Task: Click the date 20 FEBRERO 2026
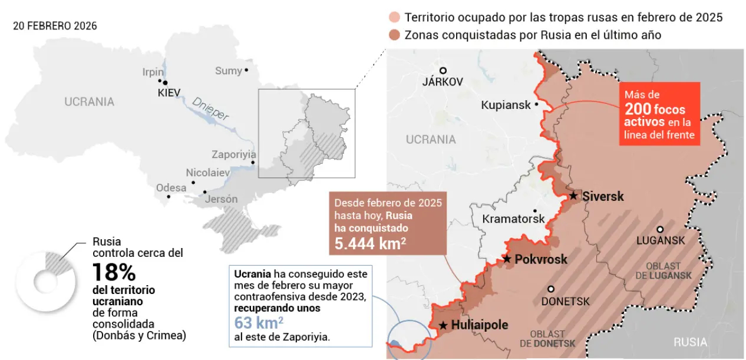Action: click(55, 27)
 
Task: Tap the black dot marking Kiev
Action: click(166, 83)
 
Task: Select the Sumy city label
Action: click(228, 71)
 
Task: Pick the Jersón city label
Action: click(221, 199)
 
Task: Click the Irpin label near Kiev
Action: click(153, 72)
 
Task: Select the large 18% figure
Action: click(114, 273)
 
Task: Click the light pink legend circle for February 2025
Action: click(394, 18)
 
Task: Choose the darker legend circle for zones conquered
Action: click(394, 35)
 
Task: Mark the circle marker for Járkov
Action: click(443, 70)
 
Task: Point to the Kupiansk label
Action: click(506, 105)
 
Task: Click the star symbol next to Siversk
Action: click(573, 196)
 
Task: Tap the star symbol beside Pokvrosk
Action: click(506, 259)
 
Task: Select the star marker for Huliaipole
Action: click(443, 325)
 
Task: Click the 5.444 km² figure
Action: click(370, 243)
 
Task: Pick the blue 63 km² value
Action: click(259, 323)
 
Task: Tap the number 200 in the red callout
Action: click(638, 109)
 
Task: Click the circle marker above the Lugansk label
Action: click(661, 230)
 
